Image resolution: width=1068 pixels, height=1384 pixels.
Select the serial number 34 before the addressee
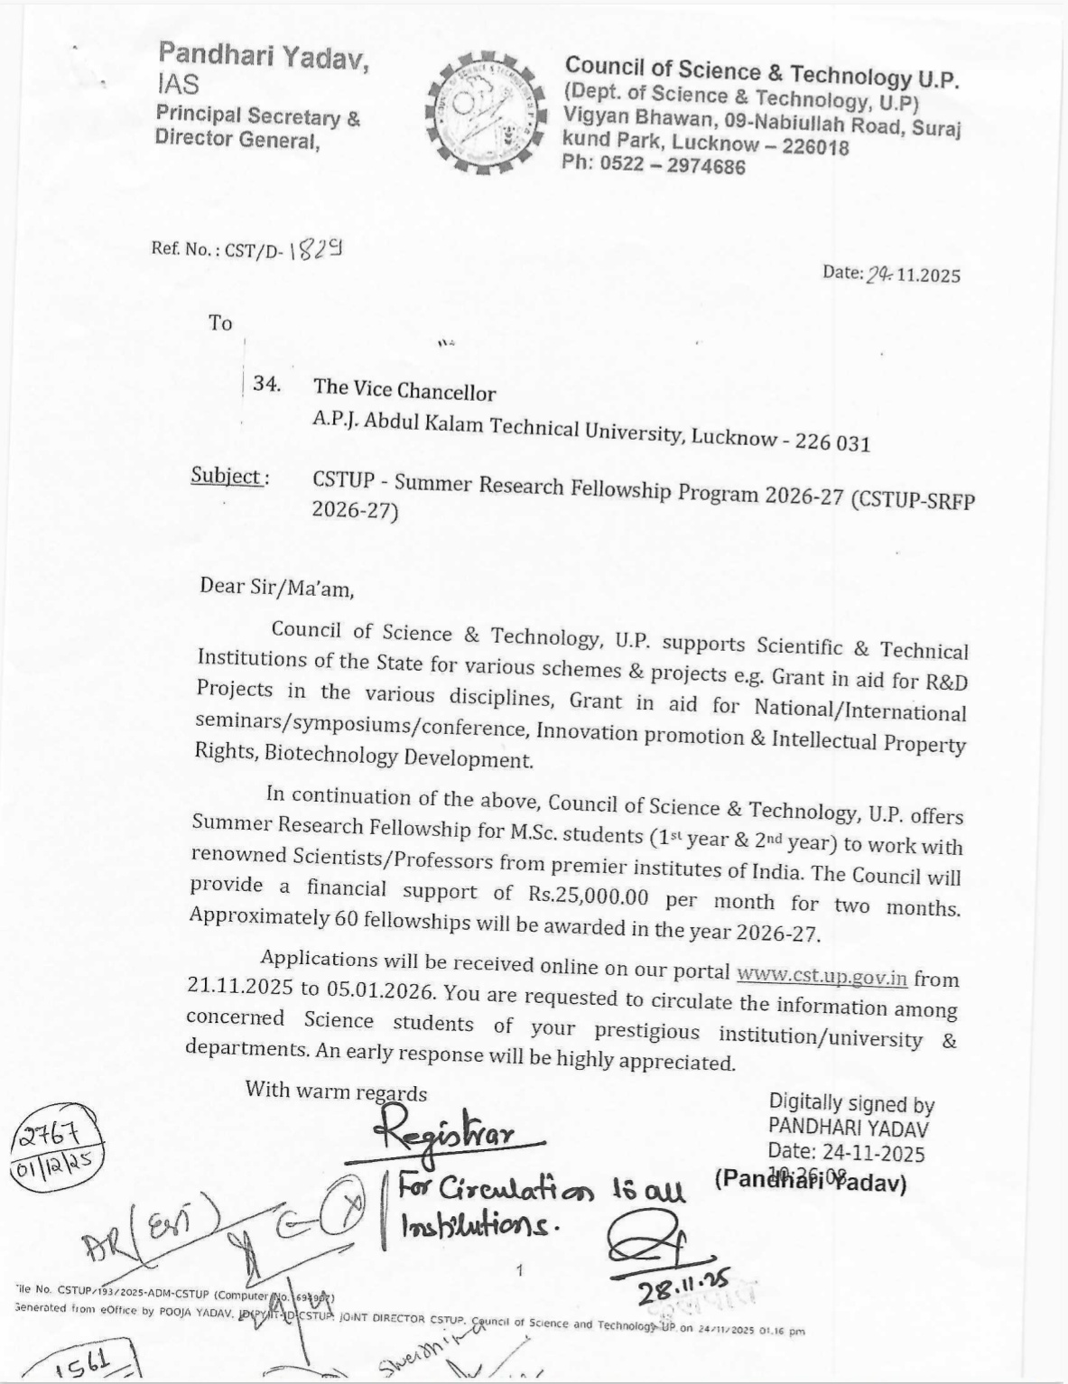coord(265,384)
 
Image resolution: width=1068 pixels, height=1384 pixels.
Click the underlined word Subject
coord(227,476)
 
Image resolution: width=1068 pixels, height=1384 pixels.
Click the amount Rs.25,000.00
coord(586,896)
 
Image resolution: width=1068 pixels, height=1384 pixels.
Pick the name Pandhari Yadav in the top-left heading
coord(264,58)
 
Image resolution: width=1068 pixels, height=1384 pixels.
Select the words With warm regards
coord(336,1091)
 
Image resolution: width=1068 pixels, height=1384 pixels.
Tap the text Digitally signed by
coord(850,1103)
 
